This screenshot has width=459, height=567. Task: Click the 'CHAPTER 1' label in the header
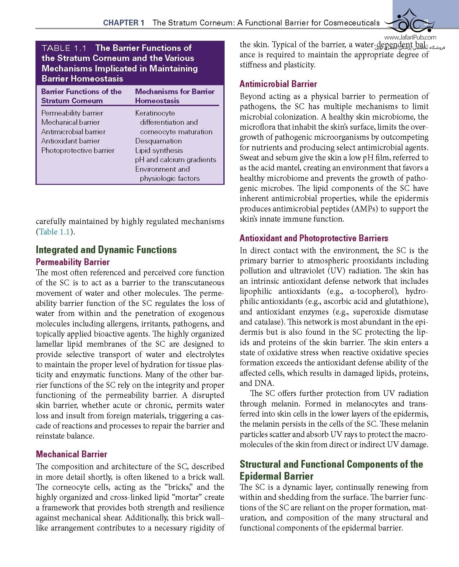tap(124, 23)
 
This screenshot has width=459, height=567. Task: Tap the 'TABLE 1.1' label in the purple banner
tap(64, 48)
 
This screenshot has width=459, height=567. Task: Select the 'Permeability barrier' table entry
tap(72, 113)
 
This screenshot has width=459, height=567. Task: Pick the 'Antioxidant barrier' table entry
tap(70, 141)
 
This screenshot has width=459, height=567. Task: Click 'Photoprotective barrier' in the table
tap(78, 150)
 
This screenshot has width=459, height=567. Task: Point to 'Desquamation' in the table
tap(159, 141)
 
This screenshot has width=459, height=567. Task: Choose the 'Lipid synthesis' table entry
tap(159, 150)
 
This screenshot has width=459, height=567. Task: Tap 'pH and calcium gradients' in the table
tap(176, 160)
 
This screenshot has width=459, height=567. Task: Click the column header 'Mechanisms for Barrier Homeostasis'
tap(175, 96)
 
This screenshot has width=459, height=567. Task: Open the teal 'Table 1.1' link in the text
tap(54, 232)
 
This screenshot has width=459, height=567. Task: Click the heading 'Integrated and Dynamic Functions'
tap(106, 250)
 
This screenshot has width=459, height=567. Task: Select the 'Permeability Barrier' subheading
tap(73, 262)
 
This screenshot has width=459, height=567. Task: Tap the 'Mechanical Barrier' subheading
tap(71, 454)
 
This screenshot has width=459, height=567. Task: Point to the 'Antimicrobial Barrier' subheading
tap(278, 84)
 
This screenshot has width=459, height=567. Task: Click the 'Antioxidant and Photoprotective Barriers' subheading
tap(314, 238)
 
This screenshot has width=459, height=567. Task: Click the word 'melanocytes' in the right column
tap(366, 404)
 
